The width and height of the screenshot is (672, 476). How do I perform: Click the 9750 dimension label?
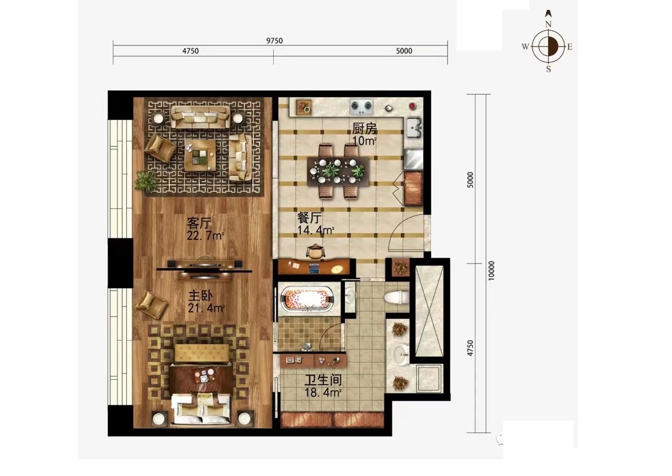(x=274, y=41)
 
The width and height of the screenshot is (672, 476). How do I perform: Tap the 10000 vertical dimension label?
(x=491, y=271)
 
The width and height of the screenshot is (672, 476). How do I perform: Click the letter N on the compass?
(x=549, y=25)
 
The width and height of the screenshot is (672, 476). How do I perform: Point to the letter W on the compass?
(x=525, y=47)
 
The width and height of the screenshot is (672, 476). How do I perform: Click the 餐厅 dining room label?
(x=309, y=218)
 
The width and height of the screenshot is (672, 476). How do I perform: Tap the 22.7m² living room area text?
(x=205, y=236)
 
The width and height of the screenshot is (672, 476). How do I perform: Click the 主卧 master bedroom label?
(x=200, y=296)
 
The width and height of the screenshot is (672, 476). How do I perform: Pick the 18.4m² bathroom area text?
(x=323, y=393)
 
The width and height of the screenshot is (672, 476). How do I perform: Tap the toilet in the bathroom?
(x=397, y=297)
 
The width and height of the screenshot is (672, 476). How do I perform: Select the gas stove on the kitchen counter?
(x=361, y=107)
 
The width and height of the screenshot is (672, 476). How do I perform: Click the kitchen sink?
(x=414, y=128)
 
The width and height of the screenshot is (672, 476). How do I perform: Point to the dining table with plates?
(x=338, y=172)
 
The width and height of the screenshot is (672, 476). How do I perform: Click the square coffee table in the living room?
(x=200, y=156)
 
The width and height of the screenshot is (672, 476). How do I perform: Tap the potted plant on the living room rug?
(x=146, y=181)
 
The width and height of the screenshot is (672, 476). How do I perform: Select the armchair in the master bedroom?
(x=151, y=304)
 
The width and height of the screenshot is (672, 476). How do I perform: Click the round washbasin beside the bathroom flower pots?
(x=401, y=354)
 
